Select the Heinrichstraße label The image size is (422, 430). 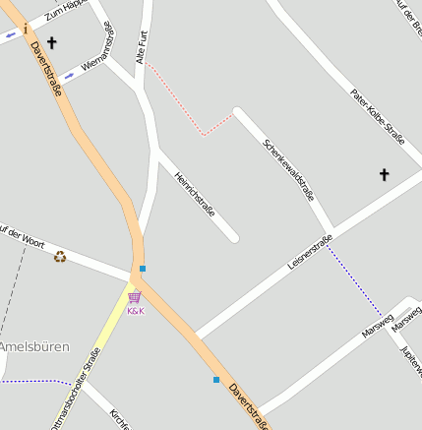click(x=194, y=190)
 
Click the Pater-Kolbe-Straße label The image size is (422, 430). click(x=378, y=116)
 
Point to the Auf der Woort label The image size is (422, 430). click(x=22, y=235)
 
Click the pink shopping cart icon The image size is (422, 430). click(x=134, y=297)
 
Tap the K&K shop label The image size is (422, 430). click(x=136, y=311)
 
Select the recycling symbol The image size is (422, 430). click(x=60, y=256)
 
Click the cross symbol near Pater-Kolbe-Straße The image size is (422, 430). click(x=385, y=175)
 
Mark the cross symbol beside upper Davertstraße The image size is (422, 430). click(x=51, y=43)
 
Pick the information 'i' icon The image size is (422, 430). click(x=25, y=30)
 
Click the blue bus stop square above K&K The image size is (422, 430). click(x=143, y=268)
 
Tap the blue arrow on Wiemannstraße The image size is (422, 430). click(x=69, y=75)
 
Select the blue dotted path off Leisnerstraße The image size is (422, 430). click(x=355, y=279)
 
